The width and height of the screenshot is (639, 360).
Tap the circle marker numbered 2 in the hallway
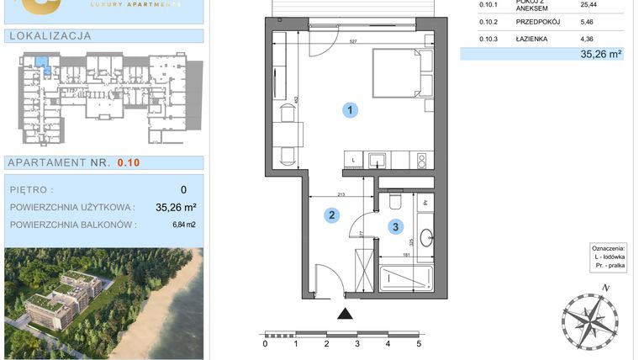click(x=332, y=216)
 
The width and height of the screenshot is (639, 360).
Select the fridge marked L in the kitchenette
click(x=352, y=159)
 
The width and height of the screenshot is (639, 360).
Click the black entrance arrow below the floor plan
click(x=345, y=315)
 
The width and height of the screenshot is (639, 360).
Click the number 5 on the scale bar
click(x=418, y=343)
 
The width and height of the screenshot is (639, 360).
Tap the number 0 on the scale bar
click(x=265, y=343)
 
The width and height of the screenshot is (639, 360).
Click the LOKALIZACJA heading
click(x=50, y=36)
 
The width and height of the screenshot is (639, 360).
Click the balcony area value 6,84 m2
click(x=183, y=225)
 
